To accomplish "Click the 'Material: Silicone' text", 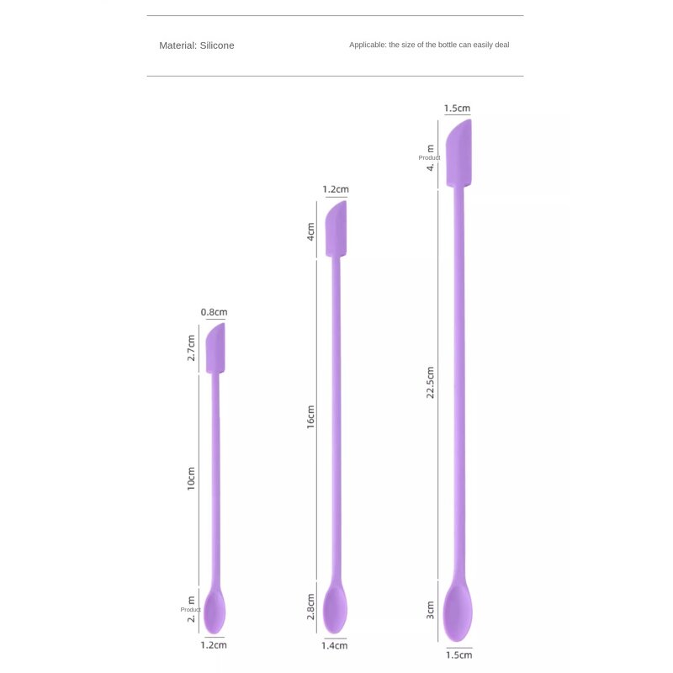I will (197, 45).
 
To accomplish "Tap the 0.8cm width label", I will (214, 313).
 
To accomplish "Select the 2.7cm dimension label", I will (192, 347).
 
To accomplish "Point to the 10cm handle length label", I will (192, 479).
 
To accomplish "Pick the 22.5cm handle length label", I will (430, 383).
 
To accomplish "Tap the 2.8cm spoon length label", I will (310, 608).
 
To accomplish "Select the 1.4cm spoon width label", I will (335, 645).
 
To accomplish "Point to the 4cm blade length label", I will (310, 231).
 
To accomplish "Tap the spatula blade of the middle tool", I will (336, 229).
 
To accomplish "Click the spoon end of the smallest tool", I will (215, 612).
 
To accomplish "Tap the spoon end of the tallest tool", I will (458, 611).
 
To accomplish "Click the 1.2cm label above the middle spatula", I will (336, 190).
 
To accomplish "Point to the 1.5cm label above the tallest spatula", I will (457, 109).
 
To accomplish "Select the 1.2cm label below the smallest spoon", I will (214, 645).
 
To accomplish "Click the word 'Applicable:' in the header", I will (367, 45).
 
